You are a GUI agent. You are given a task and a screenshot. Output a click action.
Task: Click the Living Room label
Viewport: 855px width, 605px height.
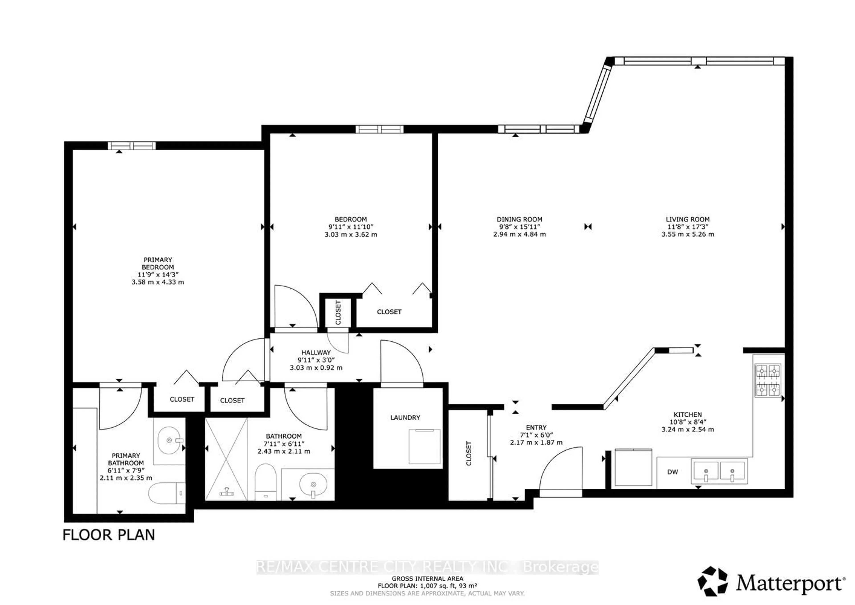coord(687,219)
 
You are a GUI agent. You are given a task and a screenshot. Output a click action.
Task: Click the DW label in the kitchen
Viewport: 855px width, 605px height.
coord(672,472)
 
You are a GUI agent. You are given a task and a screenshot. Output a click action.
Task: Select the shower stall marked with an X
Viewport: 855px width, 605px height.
coord(226,459)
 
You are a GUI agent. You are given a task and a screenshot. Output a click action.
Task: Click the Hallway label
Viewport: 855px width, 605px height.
coord(316,352)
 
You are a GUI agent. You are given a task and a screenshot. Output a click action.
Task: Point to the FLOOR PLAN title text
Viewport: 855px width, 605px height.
coord(109,535)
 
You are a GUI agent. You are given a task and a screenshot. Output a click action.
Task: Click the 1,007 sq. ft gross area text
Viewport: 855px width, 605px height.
coord(427,586)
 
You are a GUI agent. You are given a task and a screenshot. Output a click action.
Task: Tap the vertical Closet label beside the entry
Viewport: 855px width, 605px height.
coord(468,453)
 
